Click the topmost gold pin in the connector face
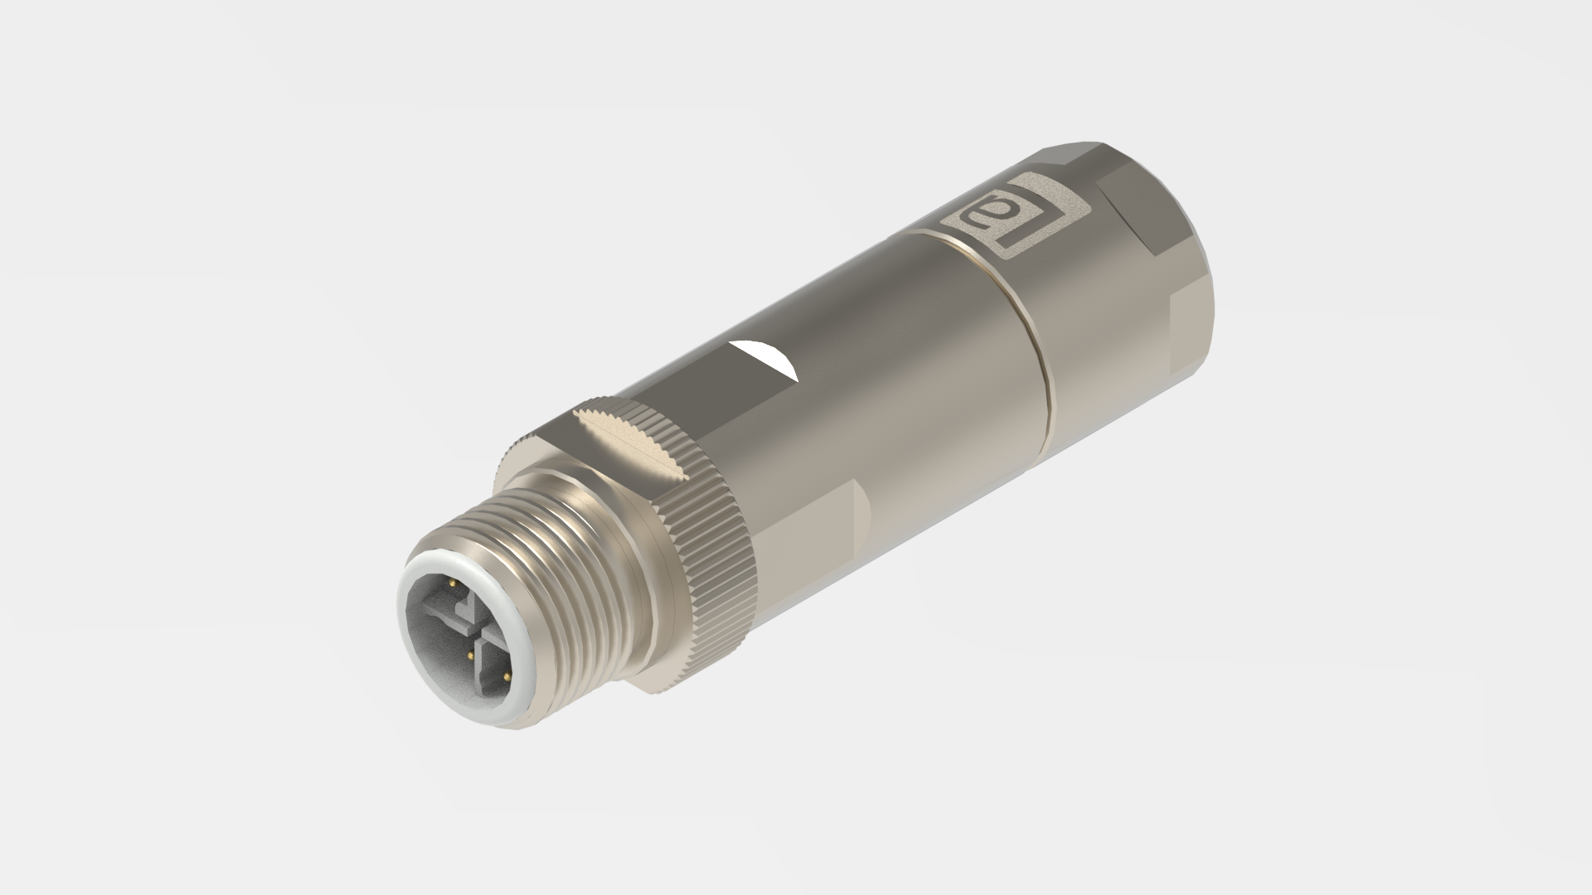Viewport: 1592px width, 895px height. click(453, 583)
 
